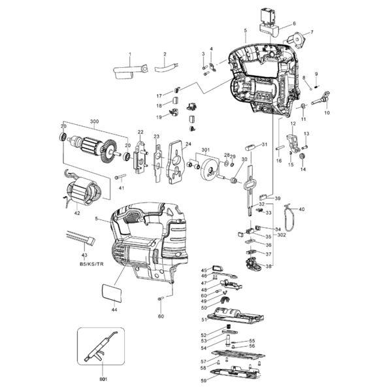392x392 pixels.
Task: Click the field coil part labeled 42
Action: (x=82, y=193)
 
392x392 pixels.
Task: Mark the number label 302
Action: (x=281, y=234)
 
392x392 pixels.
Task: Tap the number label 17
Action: (x=159, y=96)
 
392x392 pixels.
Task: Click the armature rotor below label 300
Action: (x=91, y=150)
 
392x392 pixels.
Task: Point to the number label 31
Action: (x=264, y=144)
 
